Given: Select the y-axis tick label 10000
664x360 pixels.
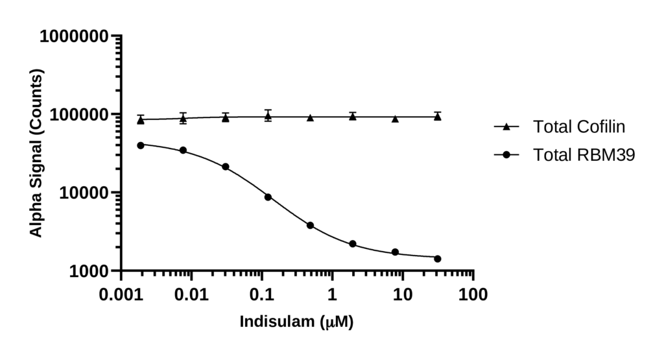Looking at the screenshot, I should click(x=82, y=193).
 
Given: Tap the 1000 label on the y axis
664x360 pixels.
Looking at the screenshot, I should click(x=86, y=271).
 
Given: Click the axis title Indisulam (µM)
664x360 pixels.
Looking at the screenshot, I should click(x=297, y=322).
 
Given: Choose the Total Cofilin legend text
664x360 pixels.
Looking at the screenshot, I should click(x=579, y=126).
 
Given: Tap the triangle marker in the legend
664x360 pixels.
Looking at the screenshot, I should click(x=507, y=126).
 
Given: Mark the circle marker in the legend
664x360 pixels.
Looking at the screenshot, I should click(x=507, y=154).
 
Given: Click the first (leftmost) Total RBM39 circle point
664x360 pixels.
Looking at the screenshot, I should click(x=141, y=145).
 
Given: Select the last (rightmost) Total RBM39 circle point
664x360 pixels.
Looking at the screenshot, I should click(x=437, y=258).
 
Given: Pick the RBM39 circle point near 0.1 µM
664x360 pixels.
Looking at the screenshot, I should click(x=268, y=197).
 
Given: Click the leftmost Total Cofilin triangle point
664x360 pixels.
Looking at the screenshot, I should click(x=141, y=120).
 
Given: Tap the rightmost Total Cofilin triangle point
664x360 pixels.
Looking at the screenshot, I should click(x=437, y=117).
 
